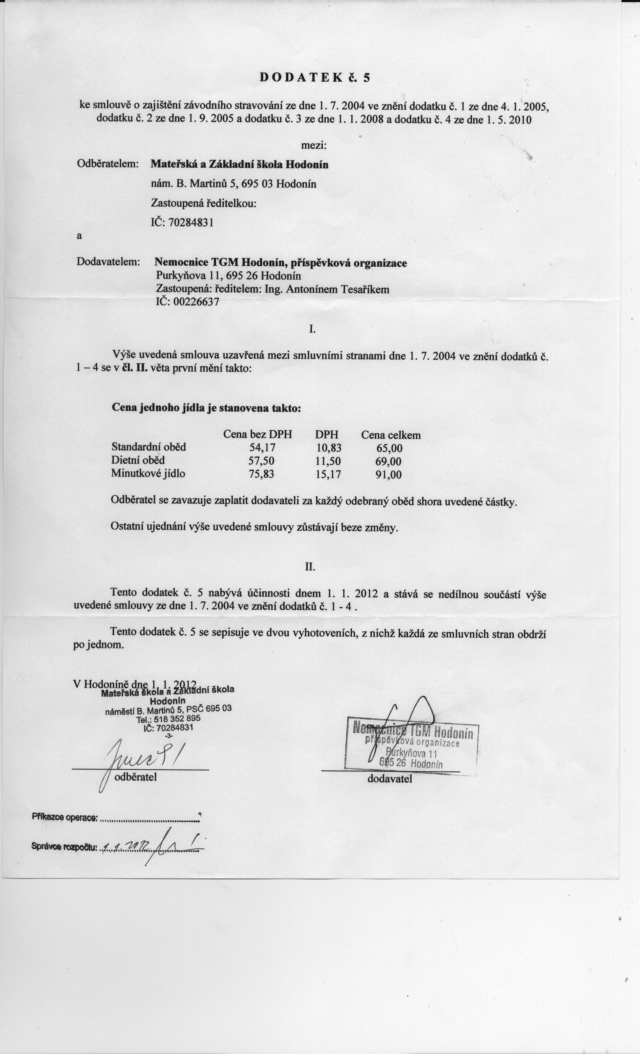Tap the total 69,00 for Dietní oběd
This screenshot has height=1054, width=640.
coord(389,462)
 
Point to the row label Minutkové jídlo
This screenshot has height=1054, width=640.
coord(148,474)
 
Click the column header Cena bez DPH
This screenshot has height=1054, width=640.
coord(258,435)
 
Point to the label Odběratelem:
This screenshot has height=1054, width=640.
coord(108,164)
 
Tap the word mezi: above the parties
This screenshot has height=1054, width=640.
coord(314,146)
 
